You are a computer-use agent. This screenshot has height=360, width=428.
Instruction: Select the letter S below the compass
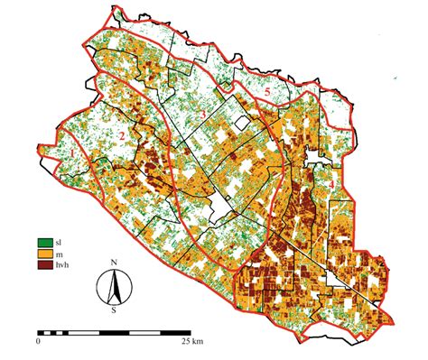(x=114, y=309)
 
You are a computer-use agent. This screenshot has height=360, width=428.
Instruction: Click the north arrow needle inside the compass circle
(x=114, y=287)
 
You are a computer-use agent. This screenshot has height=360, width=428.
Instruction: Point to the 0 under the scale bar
(x=39, y=343)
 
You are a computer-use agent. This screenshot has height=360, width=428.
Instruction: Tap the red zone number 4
(x=331, y=184)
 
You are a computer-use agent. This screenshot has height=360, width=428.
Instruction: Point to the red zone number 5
(x=267, y=93)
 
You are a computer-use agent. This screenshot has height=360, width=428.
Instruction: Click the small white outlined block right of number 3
(x=240, y=124)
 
